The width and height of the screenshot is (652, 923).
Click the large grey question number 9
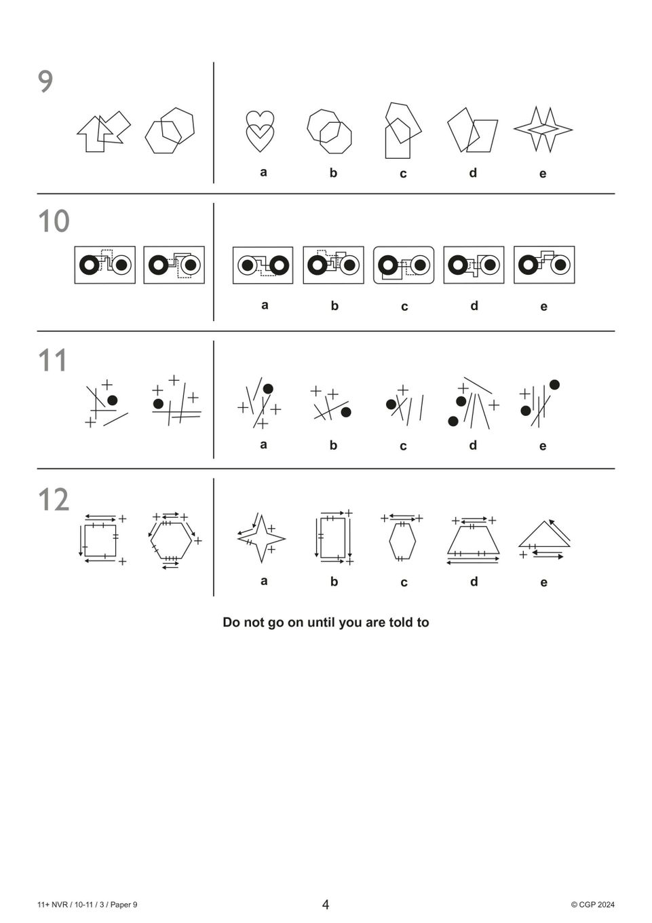pos(45,81)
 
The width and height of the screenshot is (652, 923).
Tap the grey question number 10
pos(54,221)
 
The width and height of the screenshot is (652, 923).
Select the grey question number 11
pos(52,360)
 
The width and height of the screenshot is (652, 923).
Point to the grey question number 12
pos(54,500)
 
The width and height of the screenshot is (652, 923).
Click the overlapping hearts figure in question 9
pos(259,132)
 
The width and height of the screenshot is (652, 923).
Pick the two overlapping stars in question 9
pos(543,129)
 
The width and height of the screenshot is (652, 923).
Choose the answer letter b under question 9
pos(333,172)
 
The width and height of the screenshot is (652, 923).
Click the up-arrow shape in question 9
pos(94,134)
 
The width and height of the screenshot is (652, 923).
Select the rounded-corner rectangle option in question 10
pos(404,265)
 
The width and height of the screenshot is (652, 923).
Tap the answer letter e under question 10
pos(543,307)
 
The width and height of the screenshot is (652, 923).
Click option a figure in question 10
pos(263,265)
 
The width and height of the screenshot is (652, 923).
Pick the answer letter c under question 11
pos(403,447)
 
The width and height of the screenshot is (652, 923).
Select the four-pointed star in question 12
pos(261,539)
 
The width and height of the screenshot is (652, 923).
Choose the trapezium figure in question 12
pos(474,540)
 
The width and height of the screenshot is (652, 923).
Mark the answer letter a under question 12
pos(264,581)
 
